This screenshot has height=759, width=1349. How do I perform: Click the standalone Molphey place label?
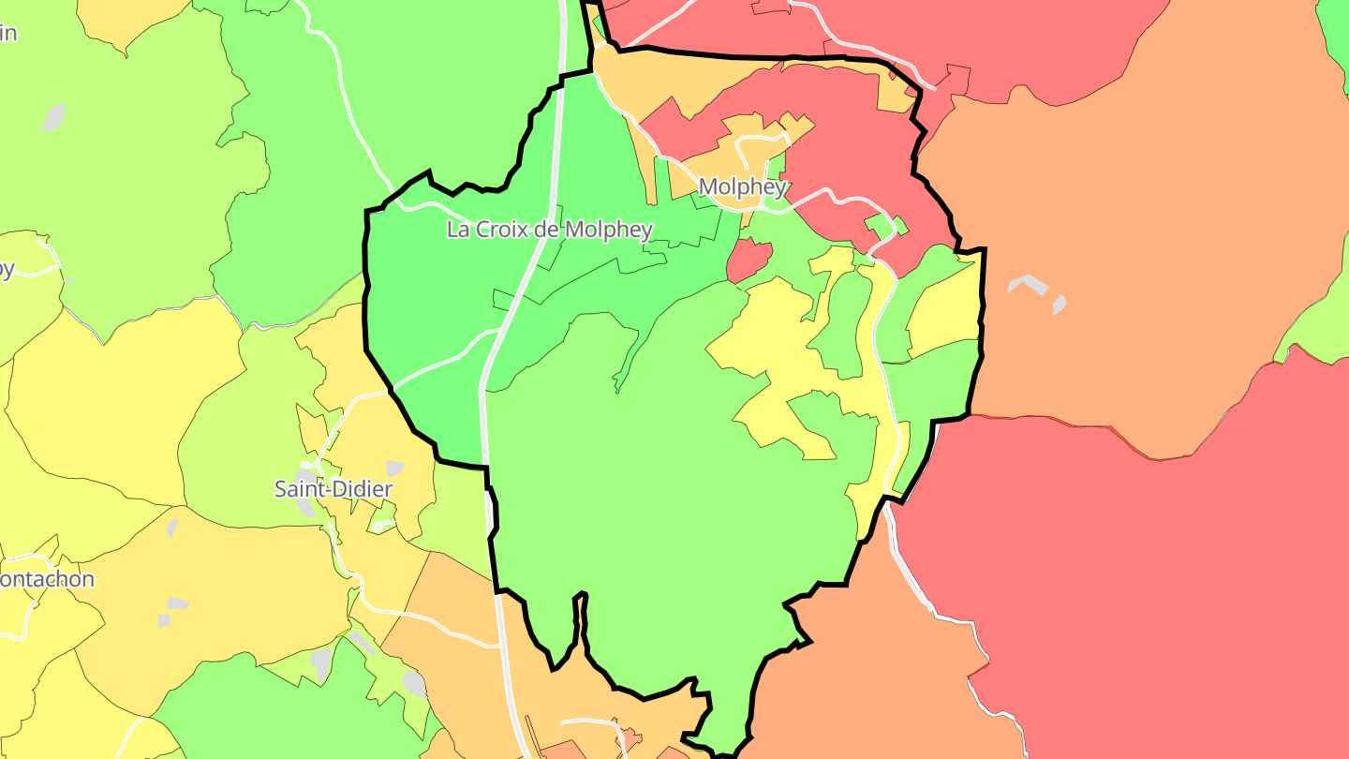click(x=742, y=187)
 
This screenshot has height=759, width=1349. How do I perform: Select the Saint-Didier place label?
click(x=333, y=489)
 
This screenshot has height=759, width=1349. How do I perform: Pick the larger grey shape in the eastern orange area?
click(x=1028, y=284)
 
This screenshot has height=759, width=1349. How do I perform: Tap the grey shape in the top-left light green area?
click(x=54, y=117)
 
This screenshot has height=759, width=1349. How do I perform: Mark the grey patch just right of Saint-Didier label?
click(x=394, y=469)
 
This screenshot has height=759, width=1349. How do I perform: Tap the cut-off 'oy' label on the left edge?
click(x=7, y=270)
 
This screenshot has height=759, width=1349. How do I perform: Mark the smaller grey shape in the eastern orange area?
click(x=1060, y=305)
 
